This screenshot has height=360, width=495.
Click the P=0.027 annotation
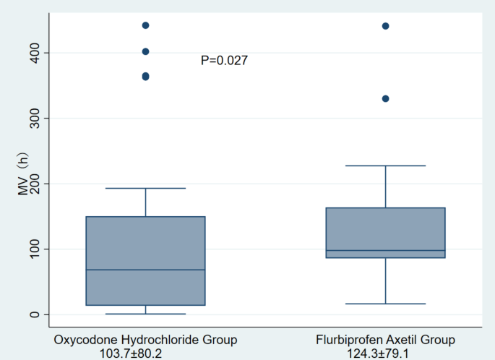coord(224,61)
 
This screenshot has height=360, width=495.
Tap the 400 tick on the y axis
coord(33,53)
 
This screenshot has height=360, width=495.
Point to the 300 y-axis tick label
coord(33,118)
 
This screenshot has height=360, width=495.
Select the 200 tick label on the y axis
coord(33,184)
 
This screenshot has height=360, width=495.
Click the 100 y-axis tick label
coord(33,249)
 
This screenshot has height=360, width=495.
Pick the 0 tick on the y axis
coord(33,314)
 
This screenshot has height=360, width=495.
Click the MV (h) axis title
coord(21,184)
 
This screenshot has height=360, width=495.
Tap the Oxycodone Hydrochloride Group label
coord(145,339)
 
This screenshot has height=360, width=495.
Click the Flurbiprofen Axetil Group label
coord(385,339)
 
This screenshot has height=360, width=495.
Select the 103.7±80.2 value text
coord(145,352)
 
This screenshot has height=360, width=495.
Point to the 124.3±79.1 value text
coord(385,352)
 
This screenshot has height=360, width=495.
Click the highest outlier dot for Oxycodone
coord(145,25)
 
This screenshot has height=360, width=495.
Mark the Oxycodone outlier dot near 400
coord(145,51)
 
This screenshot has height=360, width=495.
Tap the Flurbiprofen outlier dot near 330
coord(385,98)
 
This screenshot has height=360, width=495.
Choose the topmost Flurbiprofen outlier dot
coord(385,26)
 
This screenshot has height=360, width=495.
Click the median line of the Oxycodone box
coord(145,270)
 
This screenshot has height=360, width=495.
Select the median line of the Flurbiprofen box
coord(385,251)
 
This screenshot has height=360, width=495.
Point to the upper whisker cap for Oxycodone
coord(145,188)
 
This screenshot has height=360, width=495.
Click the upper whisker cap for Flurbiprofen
coord(385,166)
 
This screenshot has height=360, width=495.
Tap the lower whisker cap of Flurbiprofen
coord(385,304)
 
